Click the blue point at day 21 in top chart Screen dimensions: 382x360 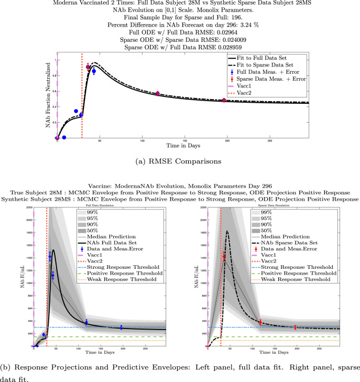[76, 111]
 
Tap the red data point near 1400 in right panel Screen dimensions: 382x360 [224, 256]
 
